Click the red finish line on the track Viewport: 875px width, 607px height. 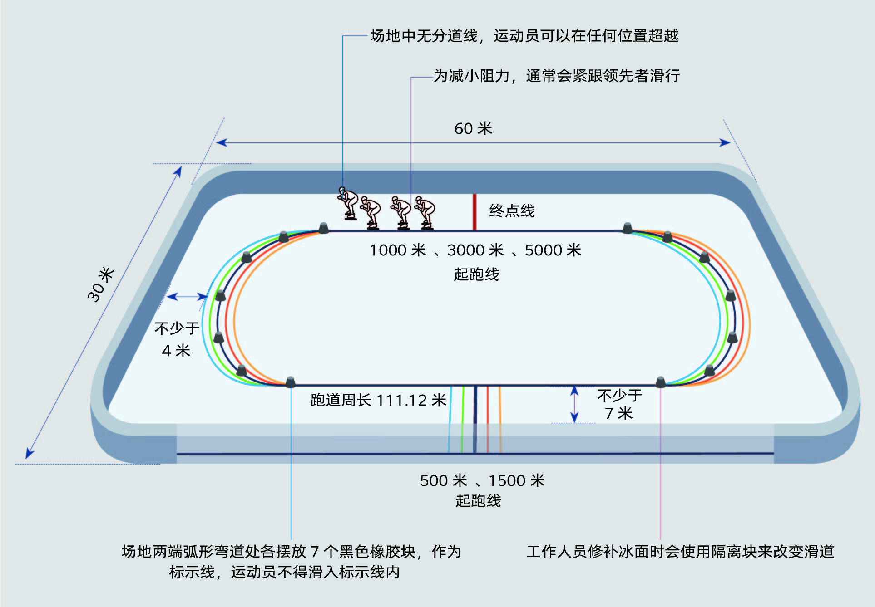tap(475, 212)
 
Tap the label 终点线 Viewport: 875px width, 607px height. tap(512, 211)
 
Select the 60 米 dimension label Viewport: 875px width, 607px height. tap(473, 129)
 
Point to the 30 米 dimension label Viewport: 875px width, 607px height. tap(101, 284)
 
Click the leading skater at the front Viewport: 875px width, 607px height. tap(425, 213)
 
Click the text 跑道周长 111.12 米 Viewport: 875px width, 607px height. tap(379, 400)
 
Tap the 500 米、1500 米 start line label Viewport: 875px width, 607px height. tap(482, 480)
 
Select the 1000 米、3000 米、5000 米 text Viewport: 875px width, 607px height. tap(475, 250)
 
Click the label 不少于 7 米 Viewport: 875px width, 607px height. tap(619, 404)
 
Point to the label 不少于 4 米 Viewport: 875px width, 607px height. tap(177, 339)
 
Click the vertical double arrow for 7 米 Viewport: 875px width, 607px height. tap(574, 404)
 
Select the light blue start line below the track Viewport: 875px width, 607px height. tap(450, 419)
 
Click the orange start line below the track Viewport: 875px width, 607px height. tap(500, 419)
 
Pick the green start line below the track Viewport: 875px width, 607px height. tap(463, 419)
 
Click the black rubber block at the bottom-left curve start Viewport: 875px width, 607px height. tap(290, 382)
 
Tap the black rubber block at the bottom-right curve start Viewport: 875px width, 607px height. tap(661, 382)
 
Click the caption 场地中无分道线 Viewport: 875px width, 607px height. tap(424, 36)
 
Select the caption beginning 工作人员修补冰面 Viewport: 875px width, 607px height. tap(680, 552)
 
